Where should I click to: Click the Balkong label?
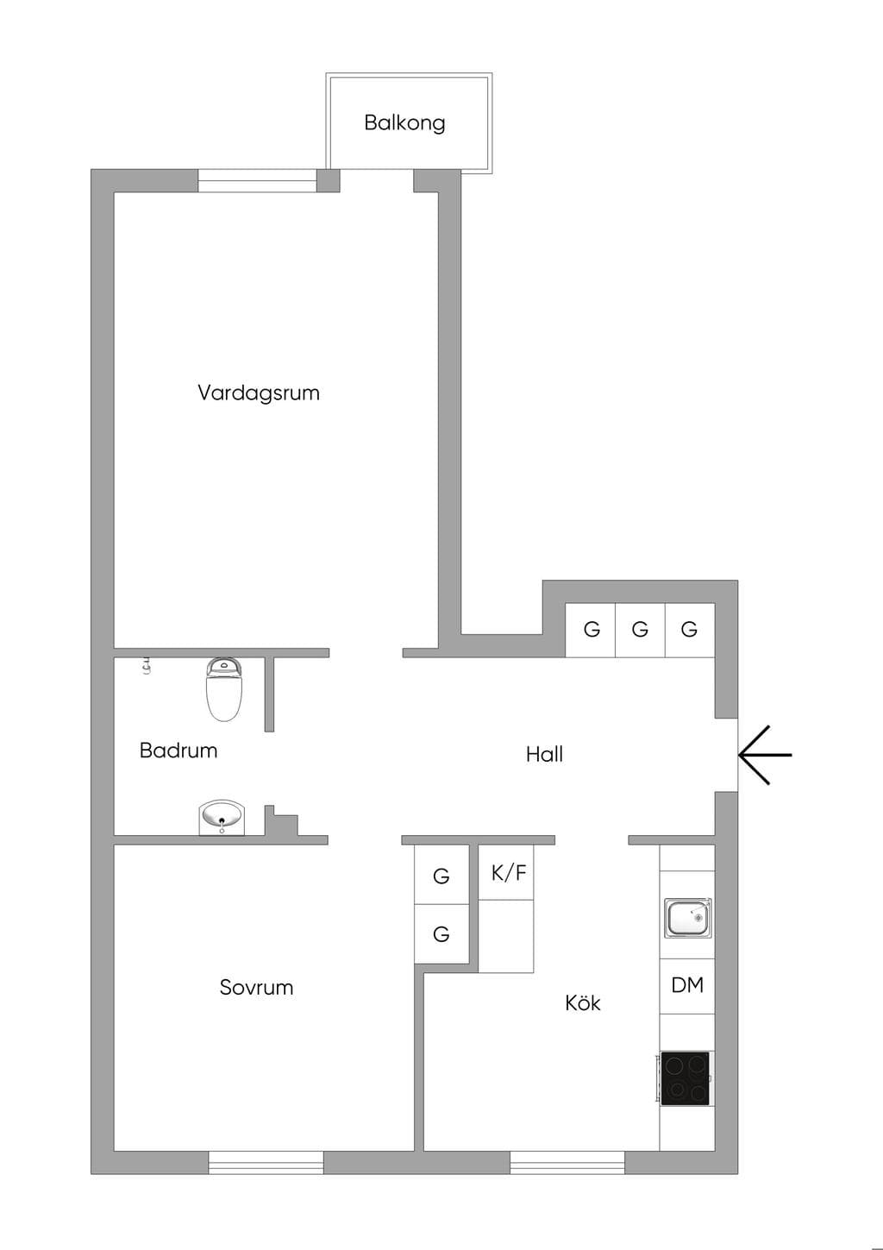[404, 122]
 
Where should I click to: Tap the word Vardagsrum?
[259, 393]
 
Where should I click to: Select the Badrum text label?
[178, 750]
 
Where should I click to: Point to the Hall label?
[544, 755]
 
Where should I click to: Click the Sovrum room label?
[257, 987]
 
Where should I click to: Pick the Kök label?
[583, 1002]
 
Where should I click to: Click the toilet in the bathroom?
[224, 689]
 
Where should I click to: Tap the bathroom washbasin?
[222, 818]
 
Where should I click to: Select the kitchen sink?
[688, 917]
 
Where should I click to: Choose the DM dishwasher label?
[687, 985]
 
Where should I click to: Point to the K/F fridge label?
[509, 873]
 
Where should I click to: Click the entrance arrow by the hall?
[765, 755]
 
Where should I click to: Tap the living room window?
[258, 181]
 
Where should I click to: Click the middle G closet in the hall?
[640, 630]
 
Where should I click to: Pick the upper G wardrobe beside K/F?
[441, 876]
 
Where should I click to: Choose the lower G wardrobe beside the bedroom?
[441, 933]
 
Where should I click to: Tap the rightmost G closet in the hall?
[690, 630]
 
